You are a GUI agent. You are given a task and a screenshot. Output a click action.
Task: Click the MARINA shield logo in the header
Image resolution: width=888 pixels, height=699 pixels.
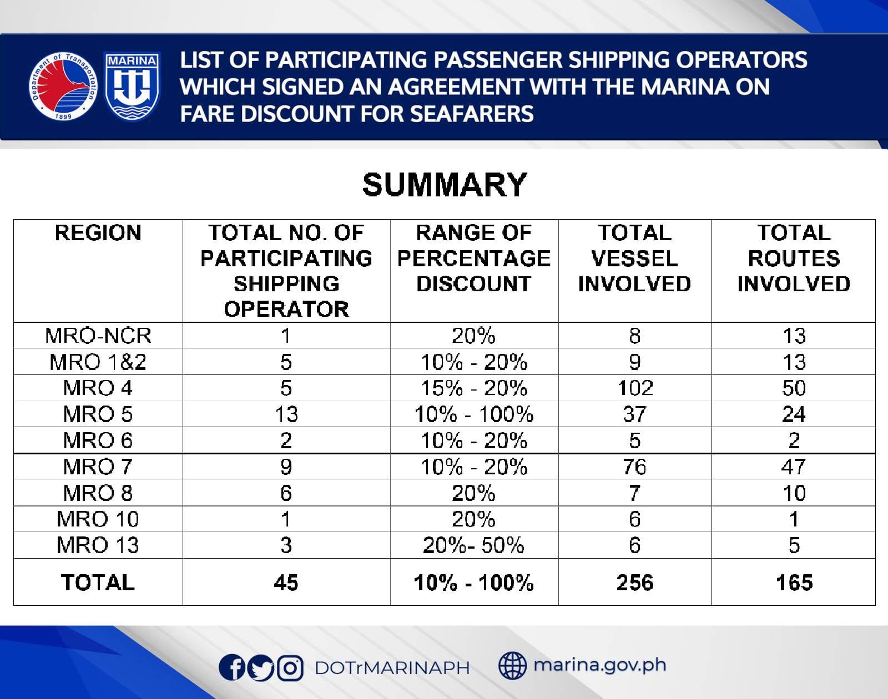(132, 86)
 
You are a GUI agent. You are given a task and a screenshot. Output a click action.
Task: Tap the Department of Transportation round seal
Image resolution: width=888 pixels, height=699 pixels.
(63, 86)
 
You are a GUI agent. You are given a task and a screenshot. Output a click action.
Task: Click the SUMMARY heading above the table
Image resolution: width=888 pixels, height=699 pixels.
(444, 185)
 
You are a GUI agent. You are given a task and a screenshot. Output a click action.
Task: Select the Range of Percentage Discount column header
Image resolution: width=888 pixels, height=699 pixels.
(474, 258)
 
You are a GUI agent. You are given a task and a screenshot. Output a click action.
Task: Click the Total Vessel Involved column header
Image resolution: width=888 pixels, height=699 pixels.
(634, 258)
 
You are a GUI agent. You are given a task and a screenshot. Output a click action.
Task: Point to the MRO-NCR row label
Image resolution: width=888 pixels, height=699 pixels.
(98, 336)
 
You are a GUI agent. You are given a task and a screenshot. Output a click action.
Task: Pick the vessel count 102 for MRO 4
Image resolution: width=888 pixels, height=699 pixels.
(635, 388)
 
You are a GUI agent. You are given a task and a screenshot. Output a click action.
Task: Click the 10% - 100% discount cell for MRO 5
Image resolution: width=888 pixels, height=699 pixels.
(474, 414)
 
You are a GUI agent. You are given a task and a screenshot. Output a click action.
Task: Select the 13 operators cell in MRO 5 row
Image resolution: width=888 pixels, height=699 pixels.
(286, 414)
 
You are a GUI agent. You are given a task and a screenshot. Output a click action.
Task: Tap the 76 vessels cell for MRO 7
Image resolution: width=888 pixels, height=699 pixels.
(635, 467)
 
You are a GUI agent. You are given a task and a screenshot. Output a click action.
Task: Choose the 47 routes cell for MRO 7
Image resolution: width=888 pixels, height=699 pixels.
(794, 467)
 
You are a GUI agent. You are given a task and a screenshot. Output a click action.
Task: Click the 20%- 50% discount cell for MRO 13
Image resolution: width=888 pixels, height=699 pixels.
(473, 545)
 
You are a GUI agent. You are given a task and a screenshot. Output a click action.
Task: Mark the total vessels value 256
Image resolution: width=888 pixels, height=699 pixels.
(635, 582)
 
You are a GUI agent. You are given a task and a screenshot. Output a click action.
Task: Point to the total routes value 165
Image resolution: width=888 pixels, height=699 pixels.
(794, 582)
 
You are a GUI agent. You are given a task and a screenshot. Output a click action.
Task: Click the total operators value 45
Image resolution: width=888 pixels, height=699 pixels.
(286, 582)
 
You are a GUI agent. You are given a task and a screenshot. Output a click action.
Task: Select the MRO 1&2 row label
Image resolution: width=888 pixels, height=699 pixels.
(98, 362)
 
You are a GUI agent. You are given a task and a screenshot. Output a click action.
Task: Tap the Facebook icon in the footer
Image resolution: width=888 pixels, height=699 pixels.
(232, 667)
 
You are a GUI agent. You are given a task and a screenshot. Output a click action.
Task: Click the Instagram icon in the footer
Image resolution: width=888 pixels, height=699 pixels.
(290, 667)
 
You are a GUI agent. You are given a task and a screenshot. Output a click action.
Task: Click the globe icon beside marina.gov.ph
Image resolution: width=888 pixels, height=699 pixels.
(512, 665)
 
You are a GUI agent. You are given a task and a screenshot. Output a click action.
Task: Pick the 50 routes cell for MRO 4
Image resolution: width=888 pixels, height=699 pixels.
(794, 388)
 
